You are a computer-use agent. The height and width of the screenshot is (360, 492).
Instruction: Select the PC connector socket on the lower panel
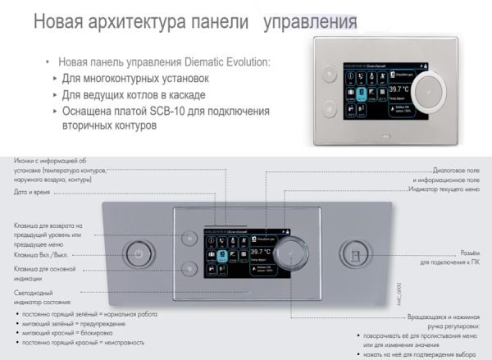[354, 253]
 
